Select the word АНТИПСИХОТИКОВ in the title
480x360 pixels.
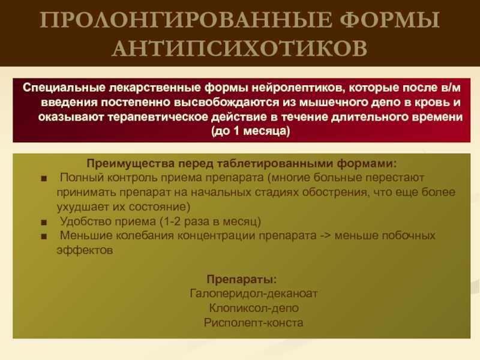239,48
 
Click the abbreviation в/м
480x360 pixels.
451,88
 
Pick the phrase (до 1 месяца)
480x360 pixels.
250,131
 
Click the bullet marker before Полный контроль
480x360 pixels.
44,178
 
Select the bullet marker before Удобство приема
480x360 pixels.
44,222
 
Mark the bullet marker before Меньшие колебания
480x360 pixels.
44,236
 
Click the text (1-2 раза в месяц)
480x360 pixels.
211,221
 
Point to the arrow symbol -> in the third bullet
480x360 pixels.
326,236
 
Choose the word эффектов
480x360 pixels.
85,250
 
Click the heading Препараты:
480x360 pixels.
242,279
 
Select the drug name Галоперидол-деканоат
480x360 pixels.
253,293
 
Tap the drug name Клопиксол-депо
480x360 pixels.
254,308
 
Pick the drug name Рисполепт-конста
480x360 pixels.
253,322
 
